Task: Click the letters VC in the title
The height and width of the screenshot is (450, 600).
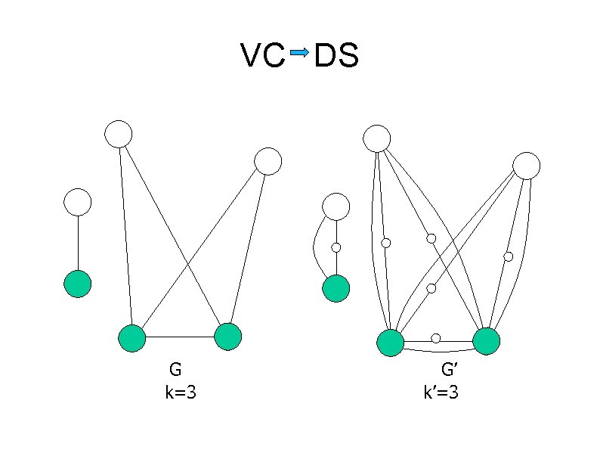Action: click(x=262, y=55)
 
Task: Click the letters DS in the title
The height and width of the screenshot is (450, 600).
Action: click(x=336, y=55)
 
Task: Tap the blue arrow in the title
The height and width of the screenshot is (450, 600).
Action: click(x=298, y=53)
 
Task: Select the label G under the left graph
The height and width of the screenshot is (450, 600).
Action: click(x=175, y=370)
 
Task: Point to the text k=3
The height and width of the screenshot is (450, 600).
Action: click(x=181, y=393)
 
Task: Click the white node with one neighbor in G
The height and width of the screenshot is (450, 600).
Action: click(x=78, y=202)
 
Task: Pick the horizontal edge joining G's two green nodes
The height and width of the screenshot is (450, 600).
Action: click(x=180, y=337)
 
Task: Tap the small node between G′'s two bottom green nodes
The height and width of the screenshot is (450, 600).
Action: click(x=436, y=338)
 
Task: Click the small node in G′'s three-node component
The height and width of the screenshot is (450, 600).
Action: click(x=336, y=247)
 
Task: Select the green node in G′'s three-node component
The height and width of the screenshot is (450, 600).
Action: click(x=336, y=288)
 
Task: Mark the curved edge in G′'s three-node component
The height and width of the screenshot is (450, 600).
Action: click(x=315, y=246)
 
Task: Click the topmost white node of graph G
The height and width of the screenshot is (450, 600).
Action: click(x=119, y=134)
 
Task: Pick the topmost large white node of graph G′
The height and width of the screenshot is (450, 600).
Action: click(x=376, y=138)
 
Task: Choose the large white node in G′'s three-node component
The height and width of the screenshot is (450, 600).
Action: click(x=336, y=206)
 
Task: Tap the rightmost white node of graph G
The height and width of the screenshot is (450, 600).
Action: click(x=268, y=161)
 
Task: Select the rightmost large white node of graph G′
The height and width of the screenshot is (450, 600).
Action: click(x=526, y=166)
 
